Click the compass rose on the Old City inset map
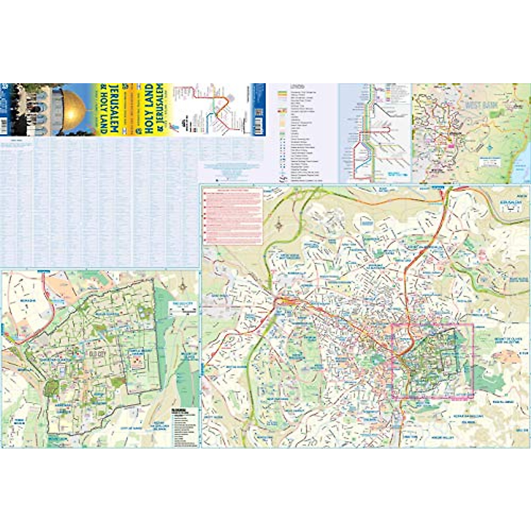tap(183, 288)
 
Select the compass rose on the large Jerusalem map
tap(279, 225)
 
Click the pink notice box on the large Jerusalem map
tap(233, 216)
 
